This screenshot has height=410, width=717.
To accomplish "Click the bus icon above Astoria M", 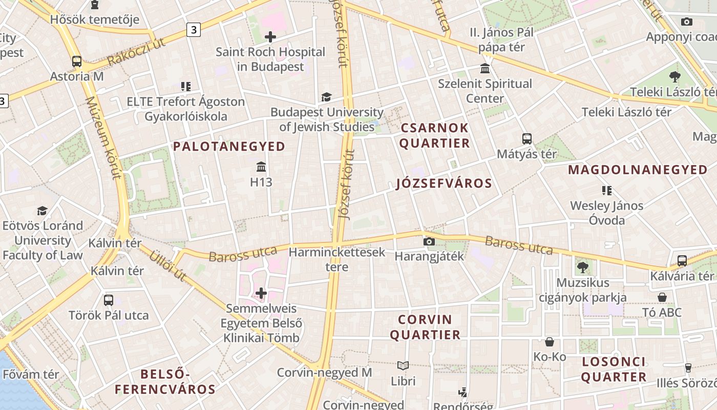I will click(77, 61).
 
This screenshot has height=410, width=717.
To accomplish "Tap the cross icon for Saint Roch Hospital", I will click(270, 37).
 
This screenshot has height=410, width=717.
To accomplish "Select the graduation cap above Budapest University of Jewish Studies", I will click(326, 97).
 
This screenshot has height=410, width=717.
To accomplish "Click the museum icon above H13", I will click(261, 167).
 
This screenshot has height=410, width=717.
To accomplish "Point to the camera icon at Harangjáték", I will click(429, 241).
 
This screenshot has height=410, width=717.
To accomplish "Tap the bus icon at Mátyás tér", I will click(526, 138).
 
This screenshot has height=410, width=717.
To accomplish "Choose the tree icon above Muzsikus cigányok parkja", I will click(582, 267).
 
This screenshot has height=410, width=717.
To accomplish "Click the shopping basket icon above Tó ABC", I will click(662, 297).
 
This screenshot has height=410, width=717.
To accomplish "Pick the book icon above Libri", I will click(403, 366).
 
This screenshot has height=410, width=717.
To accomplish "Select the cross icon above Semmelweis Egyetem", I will click(261, 293).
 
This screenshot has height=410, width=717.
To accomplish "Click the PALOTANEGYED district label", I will click(229, 147).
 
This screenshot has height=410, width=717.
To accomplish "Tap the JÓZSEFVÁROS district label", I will click(444, 183).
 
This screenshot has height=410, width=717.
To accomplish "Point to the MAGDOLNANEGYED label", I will click(638, 170).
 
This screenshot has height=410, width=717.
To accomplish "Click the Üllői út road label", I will click(167, 266).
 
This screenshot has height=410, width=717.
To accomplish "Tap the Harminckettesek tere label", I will click(336, 259).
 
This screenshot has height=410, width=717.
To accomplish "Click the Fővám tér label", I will click(31, 375).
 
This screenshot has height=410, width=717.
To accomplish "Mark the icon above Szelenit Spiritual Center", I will click(484, 69).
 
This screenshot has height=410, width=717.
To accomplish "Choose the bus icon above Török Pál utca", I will click(109, 300).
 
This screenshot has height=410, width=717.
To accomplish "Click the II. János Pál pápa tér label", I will click(501, 40).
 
